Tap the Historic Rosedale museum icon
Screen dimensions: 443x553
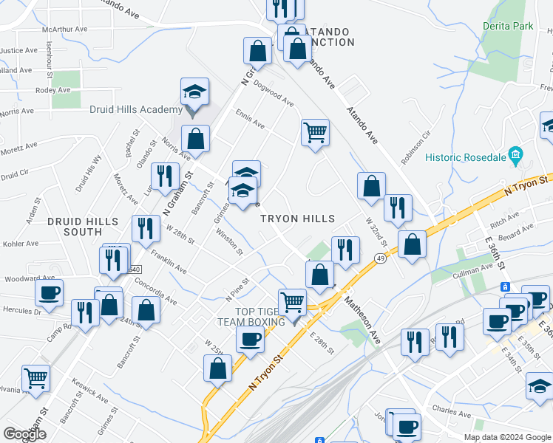516,157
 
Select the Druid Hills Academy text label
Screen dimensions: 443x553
135,110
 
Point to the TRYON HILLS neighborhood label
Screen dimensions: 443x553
297,219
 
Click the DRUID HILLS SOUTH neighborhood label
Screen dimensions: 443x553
82,227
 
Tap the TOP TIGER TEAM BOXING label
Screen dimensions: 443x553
251,317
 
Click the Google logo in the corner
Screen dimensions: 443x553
25,434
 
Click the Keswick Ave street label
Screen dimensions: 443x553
90,395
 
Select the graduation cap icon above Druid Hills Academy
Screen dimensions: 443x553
195,92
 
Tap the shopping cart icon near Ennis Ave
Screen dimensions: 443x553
315,133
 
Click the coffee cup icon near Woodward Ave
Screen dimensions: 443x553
50,292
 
